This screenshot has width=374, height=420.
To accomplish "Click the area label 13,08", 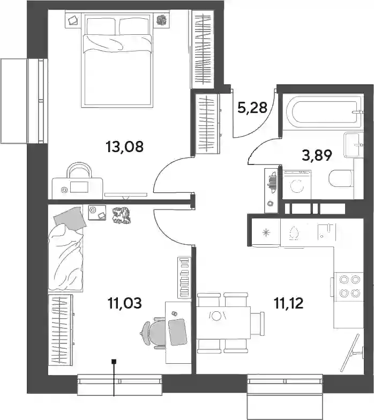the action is (x=125, y=147).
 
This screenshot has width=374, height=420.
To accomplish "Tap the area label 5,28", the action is (x=252, y=107).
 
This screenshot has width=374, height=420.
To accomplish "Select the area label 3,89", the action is (x=317, y=155).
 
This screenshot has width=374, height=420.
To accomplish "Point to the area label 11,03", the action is (x=124, y=303).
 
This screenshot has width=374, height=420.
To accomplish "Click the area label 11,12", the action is (x=288, y=303).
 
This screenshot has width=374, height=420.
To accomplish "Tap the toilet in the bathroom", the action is (x=340, y=178).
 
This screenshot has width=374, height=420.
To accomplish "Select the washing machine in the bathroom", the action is (x=297, y=184).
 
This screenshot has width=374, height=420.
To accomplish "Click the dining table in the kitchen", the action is (x=223, y=322).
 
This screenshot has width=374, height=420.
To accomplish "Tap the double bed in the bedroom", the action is (x=117, y=61).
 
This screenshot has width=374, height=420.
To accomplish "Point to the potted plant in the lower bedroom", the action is (x=121, y=215).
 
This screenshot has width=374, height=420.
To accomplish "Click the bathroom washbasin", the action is (x=352, y=145).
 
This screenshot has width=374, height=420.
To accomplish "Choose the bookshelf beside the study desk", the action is (x=184, y=277).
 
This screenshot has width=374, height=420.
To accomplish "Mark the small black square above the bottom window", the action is (x=114, y=362).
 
